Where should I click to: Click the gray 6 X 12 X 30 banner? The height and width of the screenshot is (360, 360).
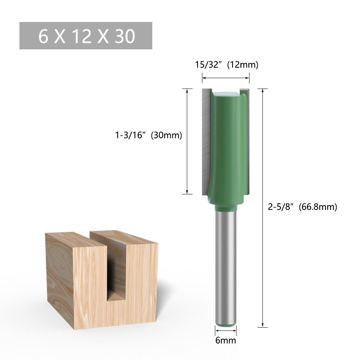point(86,36)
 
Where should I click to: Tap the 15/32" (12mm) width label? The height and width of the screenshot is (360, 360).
point(226,65)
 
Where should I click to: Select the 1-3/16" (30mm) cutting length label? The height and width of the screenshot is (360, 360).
point(148,135)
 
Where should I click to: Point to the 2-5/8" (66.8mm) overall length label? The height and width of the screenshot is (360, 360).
point(302,207)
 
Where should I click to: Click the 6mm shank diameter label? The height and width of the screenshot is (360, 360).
point(226,340)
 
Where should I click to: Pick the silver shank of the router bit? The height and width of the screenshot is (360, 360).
point(226,266)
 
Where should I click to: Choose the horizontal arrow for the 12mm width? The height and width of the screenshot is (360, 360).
point(226,77)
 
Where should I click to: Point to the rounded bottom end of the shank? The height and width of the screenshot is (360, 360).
point(226,323)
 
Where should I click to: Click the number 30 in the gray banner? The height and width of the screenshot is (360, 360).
point(125,36)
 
